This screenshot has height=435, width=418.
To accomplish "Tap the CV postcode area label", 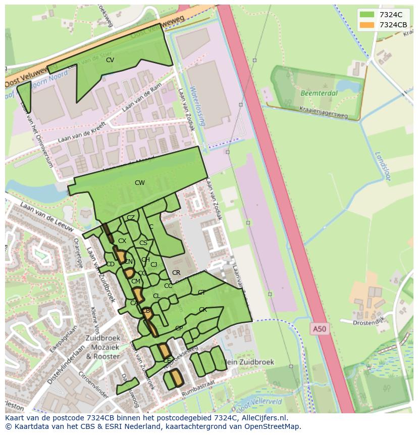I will coord(110,60).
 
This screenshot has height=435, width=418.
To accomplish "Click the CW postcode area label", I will coord(140,183).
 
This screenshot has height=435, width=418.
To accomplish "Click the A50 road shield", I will coord(319,329).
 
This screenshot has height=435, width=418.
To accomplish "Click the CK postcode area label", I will coord(202,310).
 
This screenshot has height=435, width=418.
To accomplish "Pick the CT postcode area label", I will coord(201,293).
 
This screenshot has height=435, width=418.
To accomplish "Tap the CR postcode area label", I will coord(176,273).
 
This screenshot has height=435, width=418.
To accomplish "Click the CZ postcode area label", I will coord(131,218).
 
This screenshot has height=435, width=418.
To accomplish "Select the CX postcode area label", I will coord(122,241).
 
